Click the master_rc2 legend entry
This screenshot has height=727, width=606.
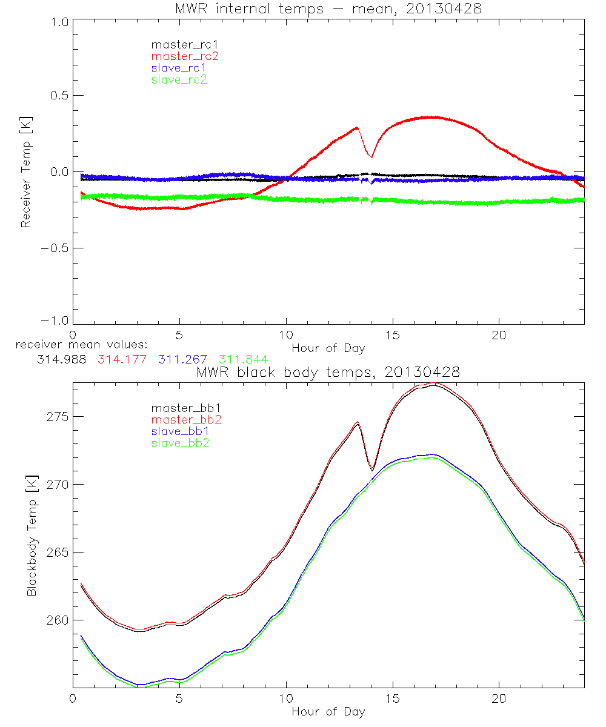coord(185,56)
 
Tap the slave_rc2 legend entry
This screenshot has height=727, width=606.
coord(179,79)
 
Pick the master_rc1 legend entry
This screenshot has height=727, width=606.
coord(185,45)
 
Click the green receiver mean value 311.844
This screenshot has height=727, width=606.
coord(243,360)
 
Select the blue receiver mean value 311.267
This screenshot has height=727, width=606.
coord(182,360)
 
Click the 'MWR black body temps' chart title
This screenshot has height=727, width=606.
coord(328,373)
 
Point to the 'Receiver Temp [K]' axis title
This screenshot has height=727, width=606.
coord(25,172)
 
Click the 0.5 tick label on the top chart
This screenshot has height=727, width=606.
coord(59,96)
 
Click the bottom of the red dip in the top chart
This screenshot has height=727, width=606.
coord(371,157)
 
